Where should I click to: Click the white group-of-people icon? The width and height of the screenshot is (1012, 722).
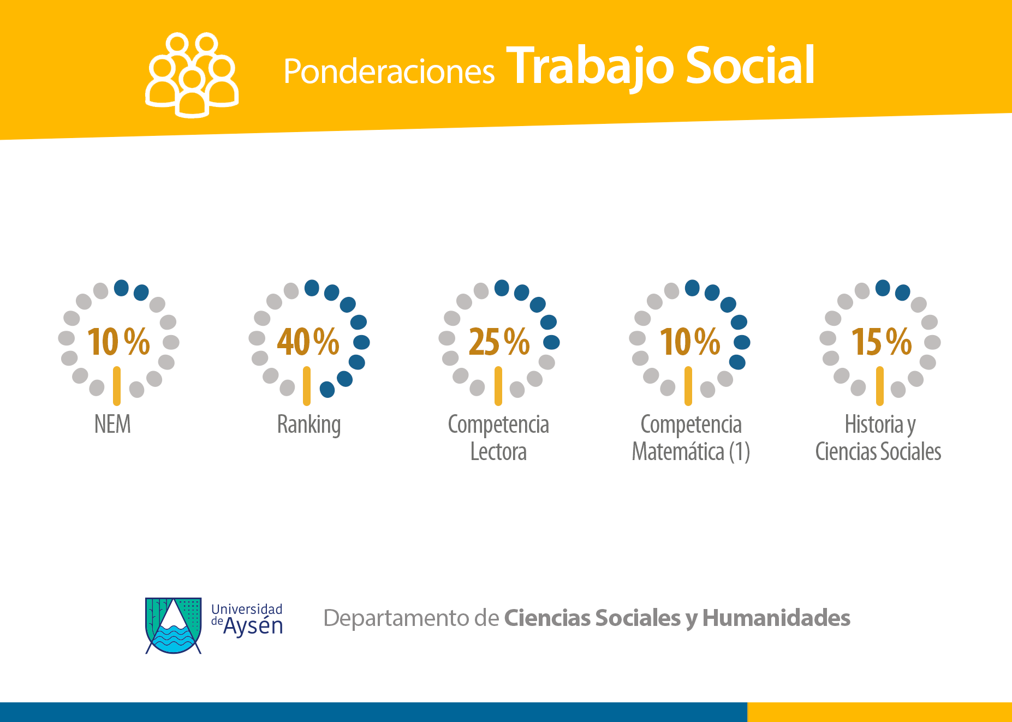(192, 75)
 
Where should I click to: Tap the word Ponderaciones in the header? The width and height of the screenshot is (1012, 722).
(389, 71)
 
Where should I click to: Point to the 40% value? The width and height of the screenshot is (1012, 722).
(308, 342)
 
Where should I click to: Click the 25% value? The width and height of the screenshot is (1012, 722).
(499, 342)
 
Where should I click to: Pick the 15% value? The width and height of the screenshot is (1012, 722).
(881, 342)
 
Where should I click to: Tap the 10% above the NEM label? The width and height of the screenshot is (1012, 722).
(118, 342)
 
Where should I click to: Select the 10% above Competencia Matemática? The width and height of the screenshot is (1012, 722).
(690, 342)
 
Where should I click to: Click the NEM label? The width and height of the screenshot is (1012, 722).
(112, 424)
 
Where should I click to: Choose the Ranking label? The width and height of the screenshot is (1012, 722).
(309, 425)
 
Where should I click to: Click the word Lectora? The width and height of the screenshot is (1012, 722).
(498, 452)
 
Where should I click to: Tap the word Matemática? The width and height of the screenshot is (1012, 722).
(678, 452)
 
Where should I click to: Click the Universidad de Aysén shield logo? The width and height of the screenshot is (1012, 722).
(174, 625)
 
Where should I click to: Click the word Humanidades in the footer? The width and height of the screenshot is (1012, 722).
(776, 618)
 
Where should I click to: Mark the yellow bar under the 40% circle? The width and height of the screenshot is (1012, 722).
(307, 386)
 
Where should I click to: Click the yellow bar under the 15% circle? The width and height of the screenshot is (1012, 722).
(879, 386)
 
